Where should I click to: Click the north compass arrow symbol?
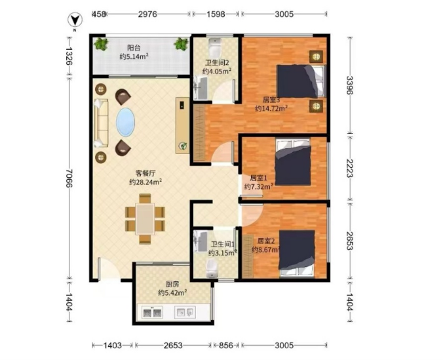pos(75,20)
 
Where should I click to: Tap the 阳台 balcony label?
pos(134,48)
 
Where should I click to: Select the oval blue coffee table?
pos(125,122)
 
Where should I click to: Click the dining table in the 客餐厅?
pos(145,218)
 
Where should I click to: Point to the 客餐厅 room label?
pos(145,173)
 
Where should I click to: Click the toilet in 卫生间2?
pos(216,47)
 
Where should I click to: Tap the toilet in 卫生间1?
pos(212,268)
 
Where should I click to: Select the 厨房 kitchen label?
pos(172,284)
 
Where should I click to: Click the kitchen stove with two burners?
pos(152,312)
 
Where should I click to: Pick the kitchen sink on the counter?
pos(185,312)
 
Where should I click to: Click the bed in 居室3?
pos(301,81)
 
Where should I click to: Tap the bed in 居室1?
pos(294,162)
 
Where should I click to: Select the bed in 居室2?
pos(297,253)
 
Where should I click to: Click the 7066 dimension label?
pos(69,178)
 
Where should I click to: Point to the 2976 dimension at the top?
pos(147,14)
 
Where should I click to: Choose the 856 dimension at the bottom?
pos(226,346)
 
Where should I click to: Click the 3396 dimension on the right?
pos(350,85)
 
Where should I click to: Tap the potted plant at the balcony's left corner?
pos(101,45)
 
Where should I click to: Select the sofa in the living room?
pos(102,123)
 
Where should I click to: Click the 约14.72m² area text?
pos(271,108)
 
